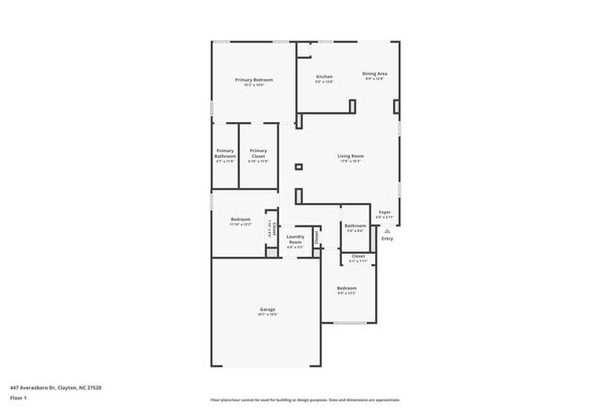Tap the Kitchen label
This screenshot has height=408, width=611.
324,76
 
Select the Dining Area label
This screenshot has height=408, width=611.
375,73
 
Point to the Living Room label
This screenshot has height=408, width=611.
351,156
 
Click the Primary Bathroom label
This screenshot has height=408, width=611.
226,152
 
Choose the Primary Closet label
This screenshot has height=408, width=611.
258,152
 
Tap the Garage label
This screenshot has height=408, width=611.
267,309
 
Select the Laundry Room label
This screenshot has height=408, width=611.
295,239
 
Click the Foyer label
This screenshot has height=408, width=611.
384,212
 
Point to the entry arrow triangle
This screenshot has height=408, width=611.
386,230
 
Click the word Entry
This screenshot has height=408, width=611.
387,239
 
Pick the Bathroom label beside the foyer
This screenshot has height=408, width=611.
354,226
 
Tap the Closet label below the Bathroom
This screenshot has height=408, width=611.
358,256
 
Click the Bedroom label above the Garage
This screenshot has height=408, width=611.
241,219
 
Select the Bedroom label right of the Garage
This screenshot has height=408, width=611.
347,288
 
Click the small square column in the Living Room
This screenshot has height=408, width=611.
298,167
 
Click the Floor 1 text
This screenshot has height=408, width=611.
19,398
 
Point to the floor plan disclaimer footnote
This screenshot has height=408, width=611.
305,400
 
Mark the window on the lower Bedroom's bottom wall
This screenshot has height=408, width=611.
350,323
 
